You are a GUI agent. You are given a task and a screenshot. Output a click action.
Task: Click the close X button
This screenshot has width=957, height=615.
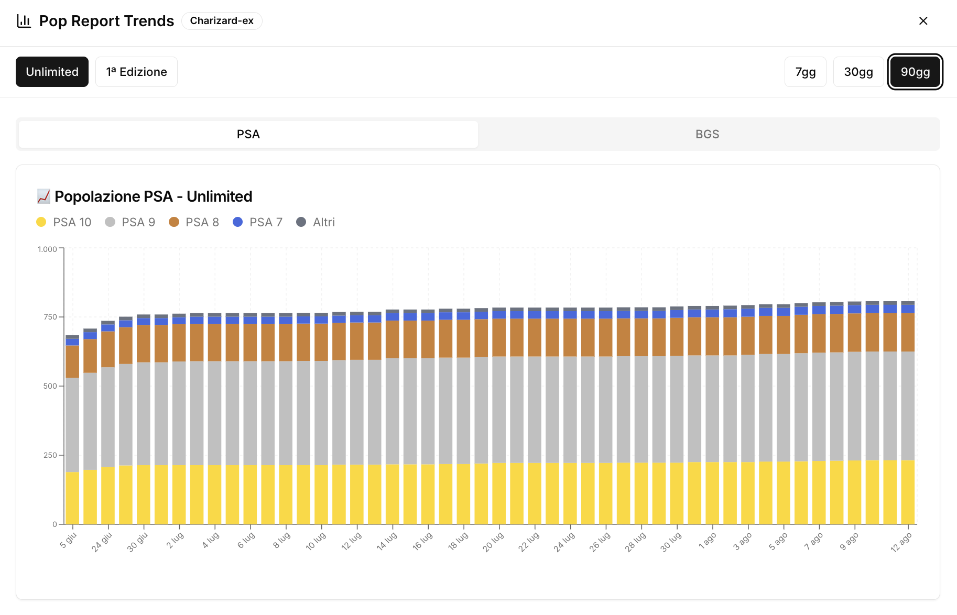pos(923,21)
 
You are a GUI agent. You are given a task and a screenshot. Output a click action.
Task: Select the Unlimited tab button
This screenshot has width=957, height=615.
pos(52,72)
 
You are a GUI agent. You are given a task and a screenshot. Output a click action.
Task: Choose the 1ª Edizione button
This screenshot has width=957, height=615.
pos(136,72)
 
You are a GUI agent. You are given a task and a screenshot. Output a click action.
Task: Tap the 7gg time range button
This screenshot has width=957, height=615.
pos(805,72)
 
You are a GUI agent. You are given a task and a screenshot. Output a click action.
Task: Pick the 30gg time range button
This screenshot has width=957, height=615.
pos(858,72)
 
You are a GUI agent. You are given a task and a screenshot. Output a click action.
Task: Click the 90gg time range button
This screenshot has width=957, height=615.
pos(915,72)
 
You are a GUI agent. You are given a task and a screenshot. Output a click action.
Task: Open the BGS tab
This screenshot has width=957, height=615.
pos(707,134)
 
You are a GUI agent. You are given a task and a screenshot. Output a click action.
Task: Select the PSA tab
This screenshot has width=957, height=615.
pos(248,134)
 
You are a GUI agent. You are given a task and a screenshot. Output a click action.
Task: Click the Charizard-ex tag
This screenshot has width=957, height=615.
pos(222,21)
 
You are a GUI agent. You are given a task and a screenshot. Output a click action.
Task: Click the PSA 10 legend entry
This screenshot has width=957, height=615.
pos(64,222)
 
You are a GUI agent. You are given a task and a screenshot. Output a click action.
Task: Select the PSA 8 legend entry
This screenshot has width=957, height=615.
pos(194,222)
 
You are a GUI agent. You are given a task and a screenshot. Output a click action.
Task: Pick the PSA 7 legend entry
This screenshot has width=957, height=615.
pos(258,222)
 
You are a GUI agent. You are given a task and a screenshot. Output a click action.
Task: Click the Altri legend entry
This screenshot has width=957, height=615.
pos(316,222)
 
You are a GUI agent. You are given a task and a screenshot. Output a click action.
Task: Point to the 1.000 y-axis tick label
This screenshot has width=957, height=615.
pos(47,249)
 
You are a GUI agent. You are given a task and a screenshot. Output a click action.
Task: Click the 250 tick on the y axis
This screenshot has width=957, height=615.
pos(50,455)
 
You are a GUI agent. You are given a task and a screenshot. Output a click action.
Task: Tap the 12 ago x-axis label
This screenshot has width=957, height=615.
pos(901,542)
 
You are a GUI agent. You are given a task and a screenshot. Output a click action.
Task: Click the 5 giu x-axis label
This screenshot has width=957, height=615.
pos(68,540)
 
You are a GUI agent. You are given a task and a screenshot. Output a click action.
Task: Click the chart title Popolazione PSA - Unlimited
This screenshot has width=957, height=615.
pos(153,196)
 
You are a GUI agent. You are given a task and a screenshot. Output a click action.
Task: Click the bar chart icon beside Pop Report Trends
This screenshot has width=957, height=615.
pos(24,21)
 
